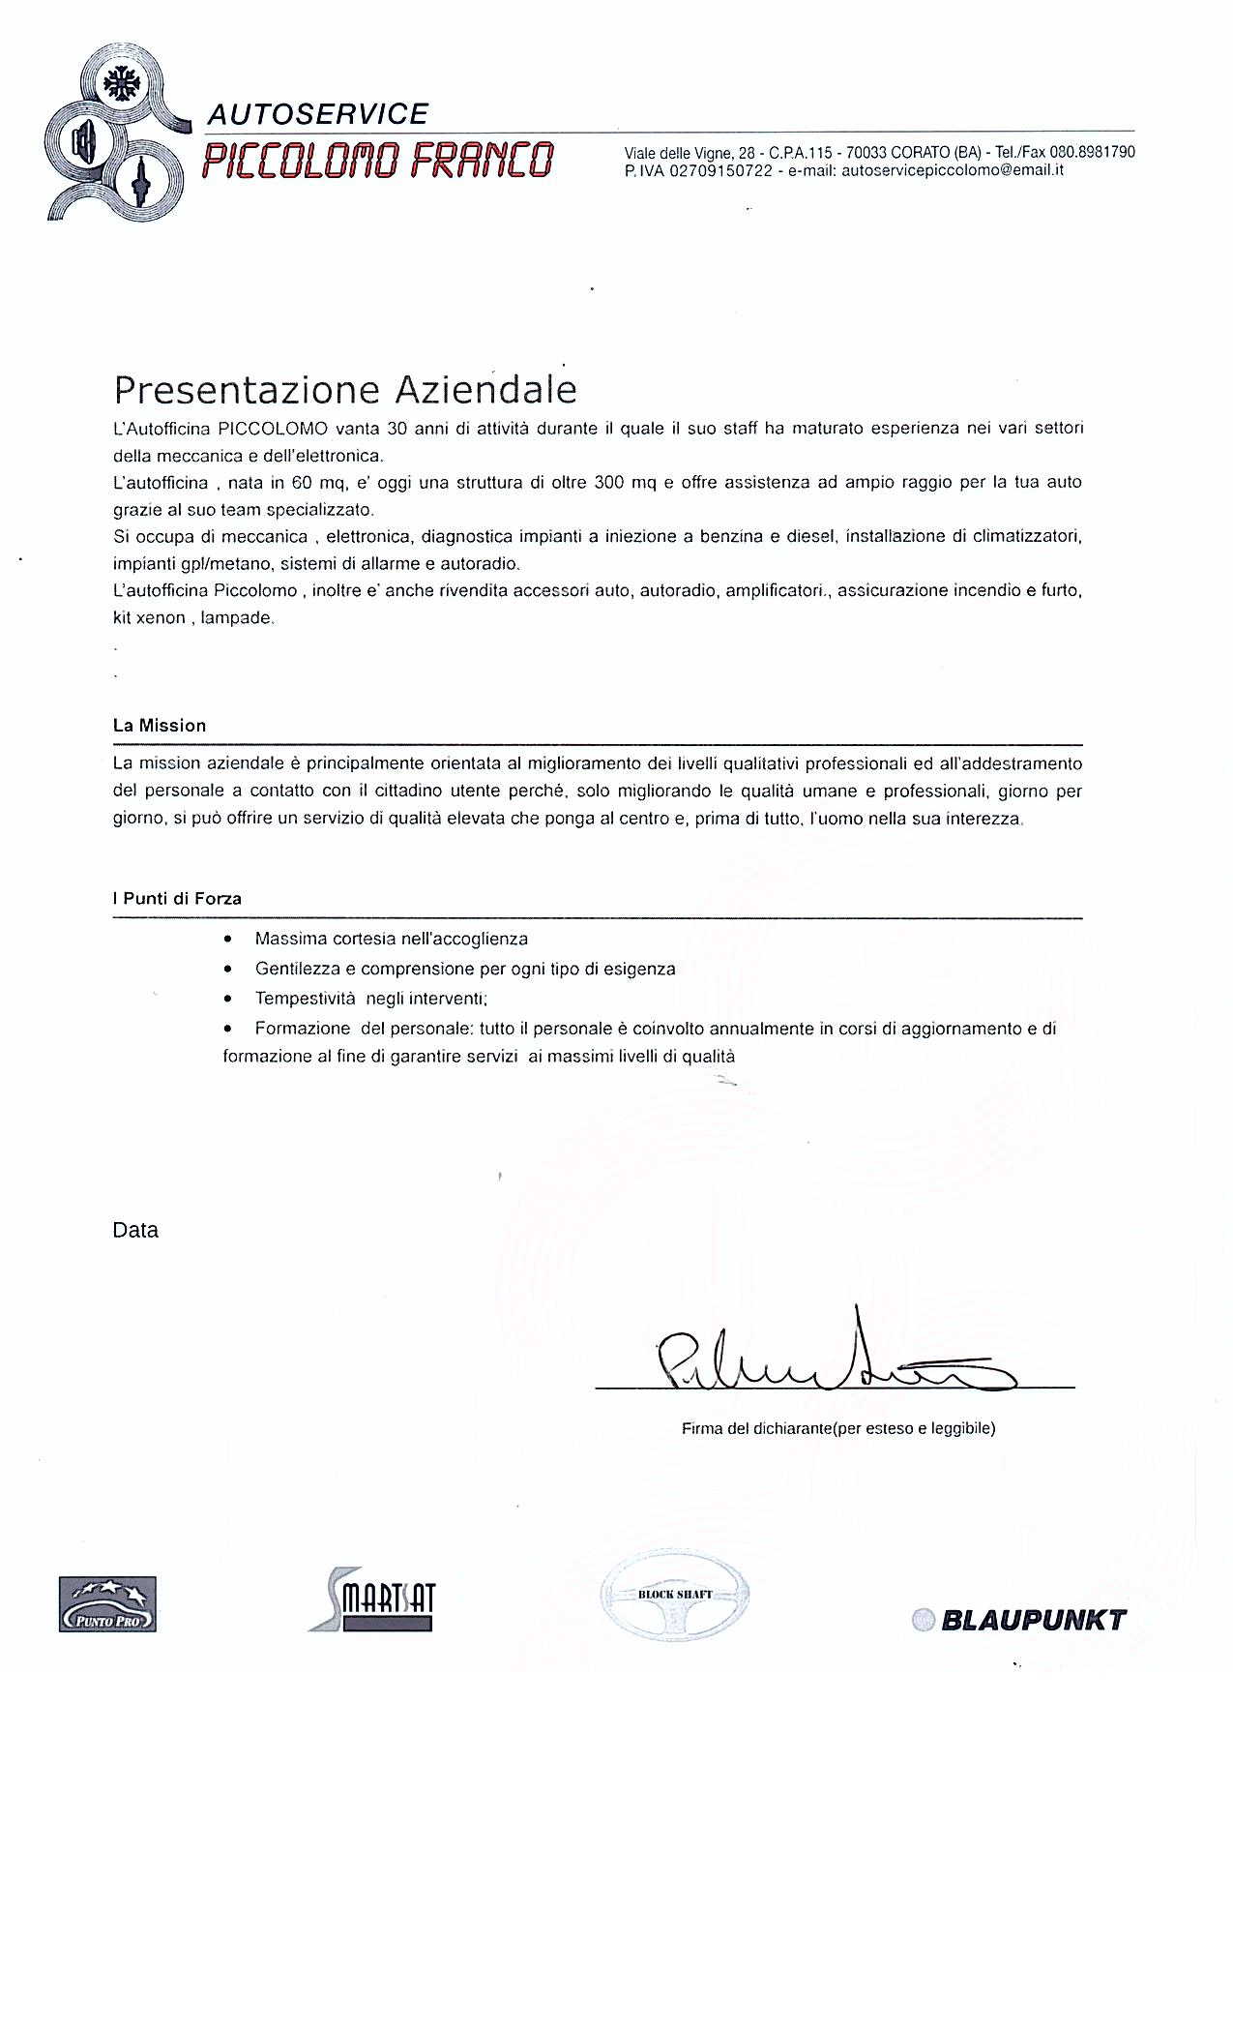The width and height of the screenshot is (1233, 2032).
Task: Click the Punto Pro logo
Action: tap(107, 1603)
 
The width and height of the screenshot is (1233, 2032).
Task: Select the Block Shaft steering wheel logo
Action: tap(674, 1596)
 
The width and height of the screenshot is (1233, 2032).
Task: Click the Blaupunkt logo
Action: tap(1019, 1620)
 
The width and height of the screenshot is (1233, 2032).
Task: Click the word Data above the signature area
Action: tap(135, 1231)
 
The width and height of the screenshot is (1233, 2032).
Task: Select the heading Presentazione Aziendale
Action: tap(345, 389)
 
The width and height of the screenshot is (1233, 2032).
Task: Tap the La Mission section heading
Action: tap(160, 725)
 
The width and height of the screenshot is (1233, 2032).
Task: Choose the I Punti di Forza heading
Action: tap(177, 898)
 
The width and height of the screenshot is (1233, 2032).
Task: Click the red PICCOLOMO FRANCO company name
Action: tap(378, 160)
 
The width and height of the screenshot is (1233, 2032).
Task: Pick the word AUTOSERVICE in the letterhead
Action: tap(318, 114)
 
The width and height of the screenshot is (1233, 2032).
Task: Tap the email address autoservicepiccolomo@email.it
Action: tap(953, 170)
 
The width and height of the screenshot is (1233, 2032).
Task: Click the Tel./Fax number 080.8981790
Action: tap(1093, 152)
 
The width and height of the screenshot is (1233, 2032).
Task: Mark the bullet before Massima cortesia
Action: tap(227, 939)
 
